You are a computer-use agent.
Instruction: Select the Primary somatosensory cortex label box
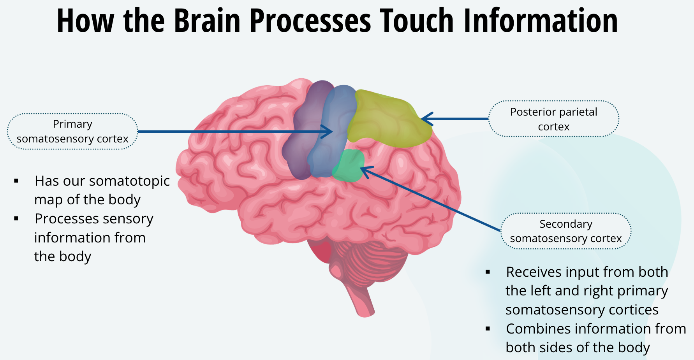[72, 131]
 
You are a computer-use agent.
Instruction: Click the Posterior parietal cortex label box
[553, 119]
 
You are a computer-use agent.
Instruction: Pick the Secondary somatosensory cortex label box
[565, 231]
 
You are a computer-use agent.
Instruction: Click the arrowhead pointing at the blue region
[329, 132]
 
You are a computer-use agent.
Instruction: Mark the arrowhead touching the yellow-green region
[425, 119]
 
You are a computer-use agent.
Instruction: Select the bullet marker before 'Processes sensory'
[16, 219]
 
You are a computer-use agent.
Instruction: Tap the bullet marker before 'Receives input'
[488, 272]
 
